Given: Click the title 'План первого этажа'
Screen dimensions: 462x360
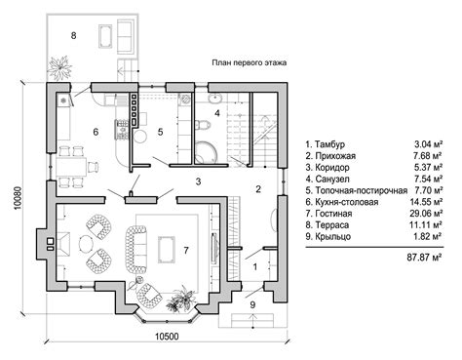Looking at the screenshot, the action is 250,62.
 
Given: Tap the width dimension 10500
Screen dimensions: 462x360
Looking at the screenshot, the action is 167,336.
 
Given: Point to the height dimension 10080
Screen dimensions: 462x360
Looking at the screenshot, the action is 18,198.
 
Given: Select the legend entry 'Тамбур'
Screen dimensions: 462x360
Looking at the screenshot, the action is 329,144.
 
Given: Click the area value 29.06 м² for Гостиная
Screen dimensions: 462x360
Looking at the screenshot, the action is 426,214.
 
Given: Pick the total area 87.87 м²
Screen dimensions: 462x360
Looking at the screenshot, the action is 424,258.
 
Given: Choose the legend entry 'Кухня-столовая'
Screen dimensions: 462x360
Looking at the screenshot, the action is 347,202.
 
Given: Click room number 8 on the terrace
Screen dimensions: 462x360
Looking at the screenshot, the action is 73,35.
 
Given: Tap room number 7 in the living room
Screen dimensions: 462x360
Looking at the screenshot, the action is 186,250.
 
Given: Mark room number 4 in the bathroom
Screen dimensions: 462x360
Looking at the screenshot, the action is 217,113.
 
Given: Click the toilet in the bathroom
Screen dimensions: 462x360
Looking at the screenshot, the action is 202,124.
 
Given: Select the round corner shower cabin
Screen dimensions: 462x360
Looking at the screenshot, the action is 206,152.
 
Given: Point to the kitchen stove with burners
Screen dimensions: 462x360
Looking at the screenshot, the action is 122,130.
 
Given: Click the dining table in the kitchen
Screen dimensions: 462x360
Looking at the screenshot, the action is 71,167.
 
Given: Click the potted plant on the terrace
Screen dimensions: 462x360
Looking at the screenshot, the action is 59,67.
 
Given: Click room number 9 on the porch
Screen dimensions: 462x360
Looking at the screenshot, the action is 252,304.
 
